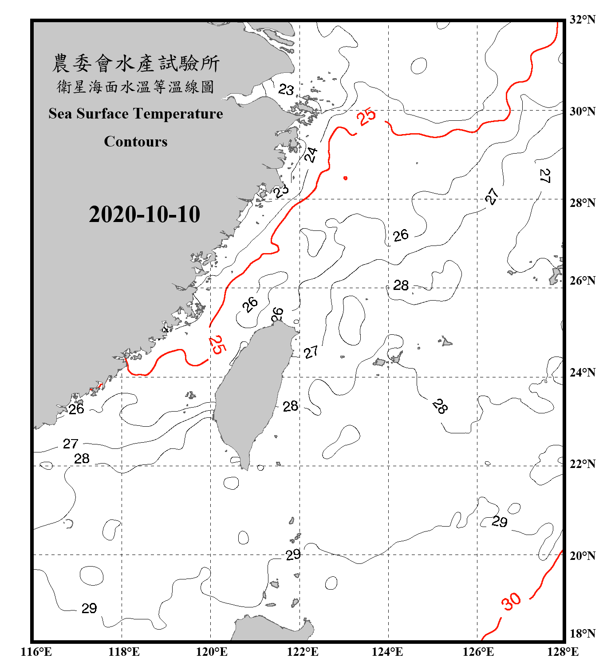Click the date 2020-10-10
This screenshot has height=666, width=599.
pos(144,214)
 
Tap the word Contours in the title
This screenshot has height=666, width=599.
pos(136,142)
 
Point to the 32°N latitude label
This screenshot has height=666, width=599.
pos(582,20)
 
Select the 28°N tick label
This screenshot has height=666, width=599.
pos(582,203)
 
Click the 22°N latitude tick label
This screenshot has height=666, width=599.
pos(582,464)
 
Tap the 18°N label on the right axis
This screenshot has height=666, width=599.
pos(582,634)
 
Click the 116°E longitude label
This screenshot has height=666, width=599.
pos(36,652)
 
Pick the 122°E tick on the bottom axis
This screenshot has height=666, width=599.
pos(303,652)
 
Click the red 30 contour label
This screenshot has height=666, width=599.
pos(511,602)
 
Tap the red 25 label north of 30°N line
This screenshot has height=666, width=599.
pos(366,117)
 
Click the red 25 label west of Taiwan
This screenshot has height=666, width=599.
pos(217,345)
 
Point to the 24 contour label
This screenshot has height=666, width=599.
pos(311,155)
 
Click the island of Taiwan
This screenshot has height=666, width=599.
pos(251,391)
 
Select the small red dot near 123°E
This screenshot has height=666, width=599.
pos(345,178)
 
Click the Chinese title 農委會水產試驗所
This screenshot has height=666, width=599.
pos(136,63)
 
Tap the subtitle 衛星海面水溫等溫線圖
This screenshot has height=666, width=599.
pos(136,87)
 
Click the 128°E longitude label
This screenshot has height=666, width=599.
pos(563,652)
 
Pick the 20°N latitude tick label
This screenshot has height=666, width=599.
pos(582,556)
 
